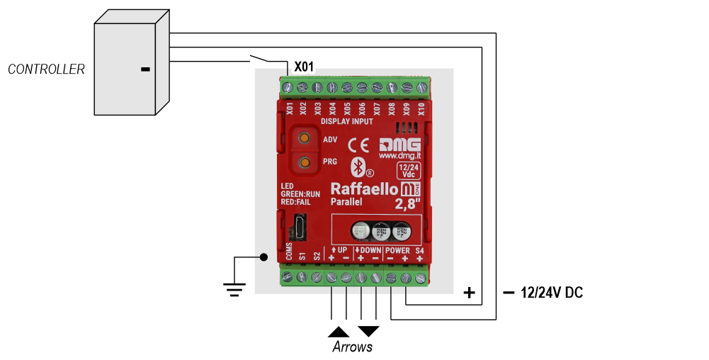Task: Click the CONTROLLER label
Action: [x=46, y=69]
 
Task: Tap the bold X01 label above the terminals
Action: [x=303, y=67]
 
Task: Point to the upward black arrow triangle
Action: [x=339, y=331]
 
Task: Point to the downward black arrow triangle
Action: [x=369, y=331]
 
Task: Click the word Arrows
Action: [x=353, y=347]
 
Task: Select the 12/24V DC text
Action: [x=552, y=293]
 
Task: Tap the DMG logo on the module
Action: [x=399, y=142]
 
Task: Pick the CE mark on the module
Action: [x=360, y=145]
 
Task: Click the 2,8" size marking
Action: [x=408, y=205]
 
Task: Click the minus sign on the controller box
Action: [x=145, y=69]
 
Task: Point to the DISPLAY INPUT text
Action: [x=347, y=121]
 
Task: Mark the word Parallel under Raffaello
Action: [x=347, y=203]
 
